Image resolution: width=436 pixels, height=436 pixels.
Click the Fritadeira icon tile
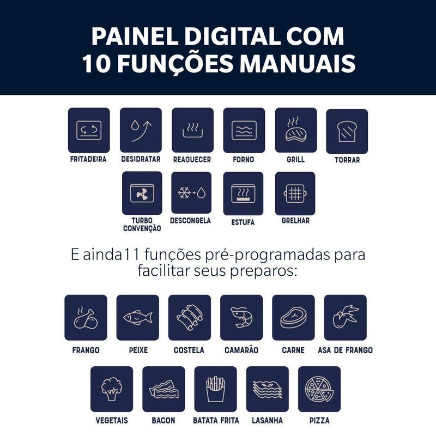[89, 130]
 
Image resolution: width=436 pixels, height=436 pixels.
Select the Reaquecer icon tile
[193, 130]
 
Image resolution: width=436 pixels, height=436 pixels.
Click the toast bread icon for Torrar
[347, 131]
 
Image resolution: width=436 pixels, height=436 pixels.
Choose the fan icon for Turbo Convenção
[142, 193]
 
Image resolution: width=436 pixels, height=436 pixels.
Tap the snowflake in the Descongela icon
[184, 192]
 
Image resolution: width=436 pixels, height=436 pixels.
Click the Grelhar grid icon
[295, 193]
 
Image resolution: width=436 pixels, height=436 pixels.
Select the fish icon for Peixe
[138, 317]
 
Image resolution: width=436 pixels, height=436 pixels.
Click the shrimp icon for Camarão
[241, 317]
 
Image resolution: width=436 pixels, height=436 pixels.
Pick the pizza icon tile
[319, 389]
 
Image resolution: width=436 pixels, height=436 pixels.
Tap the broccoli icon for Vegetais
[112, 389]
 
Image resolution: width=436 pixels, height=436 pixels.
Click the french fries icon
[215, 389]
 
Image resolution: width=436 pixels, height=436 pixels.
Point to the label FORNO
[244, 160]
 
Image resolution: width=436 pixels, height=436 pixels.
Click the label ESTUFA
[243, 222]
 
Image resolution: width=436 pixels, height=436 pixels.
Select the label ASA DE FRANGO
[346, 350]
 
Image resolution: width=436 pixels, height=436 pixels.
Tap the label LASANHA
[267, 420]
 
